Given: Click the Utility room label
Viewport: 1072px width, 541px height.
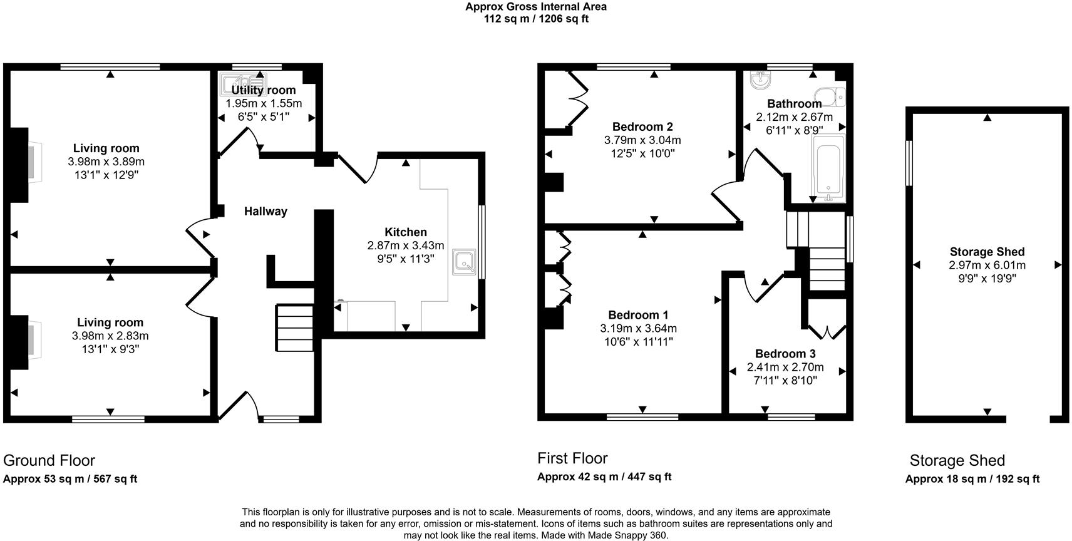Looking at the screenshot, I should pyautogui.click(x=264, y=90).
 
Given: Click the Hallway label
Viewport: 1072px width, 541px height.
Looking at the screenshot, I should pyautogui.click(x=265, y=212).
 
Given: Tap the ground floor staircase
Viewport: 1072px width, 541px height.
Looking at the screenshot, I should pyautogui.click(x=294, y=328).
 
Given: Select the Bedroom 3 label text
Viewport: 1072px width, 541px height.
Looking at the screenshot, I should pyautogui.click(x=785, y=354).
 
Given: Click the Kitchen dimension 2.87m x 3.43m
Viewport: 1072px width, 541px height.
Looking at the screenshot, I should pyautogui.click(x=406, y=245).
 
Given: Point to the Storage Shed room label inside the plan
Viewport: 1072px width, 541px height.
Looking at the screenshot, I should pyautogui.click(x=987, y=252).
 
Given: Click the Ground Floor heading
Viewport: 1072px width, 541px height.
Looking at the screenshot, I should pyautogui.click(x=49, y=461).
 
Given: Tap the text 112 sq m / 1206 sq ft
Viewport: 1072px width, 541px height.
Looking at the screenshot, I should pyautogui.click(x=536, y=19).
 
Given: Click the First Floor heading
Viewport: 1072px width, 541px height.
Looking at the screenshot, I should pyautogui.click(x=572, y=458).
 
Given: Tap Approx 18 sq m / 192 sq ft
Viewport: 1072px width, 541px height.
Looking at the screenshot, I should pyautogui.click(x=972, y=480).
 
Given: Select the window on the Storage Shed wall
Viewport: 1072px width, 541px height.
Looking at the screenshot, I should pyautogui.click(x=909, y=163).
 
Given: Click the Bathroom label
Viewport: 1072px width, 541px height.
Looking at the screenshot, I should pyautogui.click(x=794, y=103).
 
